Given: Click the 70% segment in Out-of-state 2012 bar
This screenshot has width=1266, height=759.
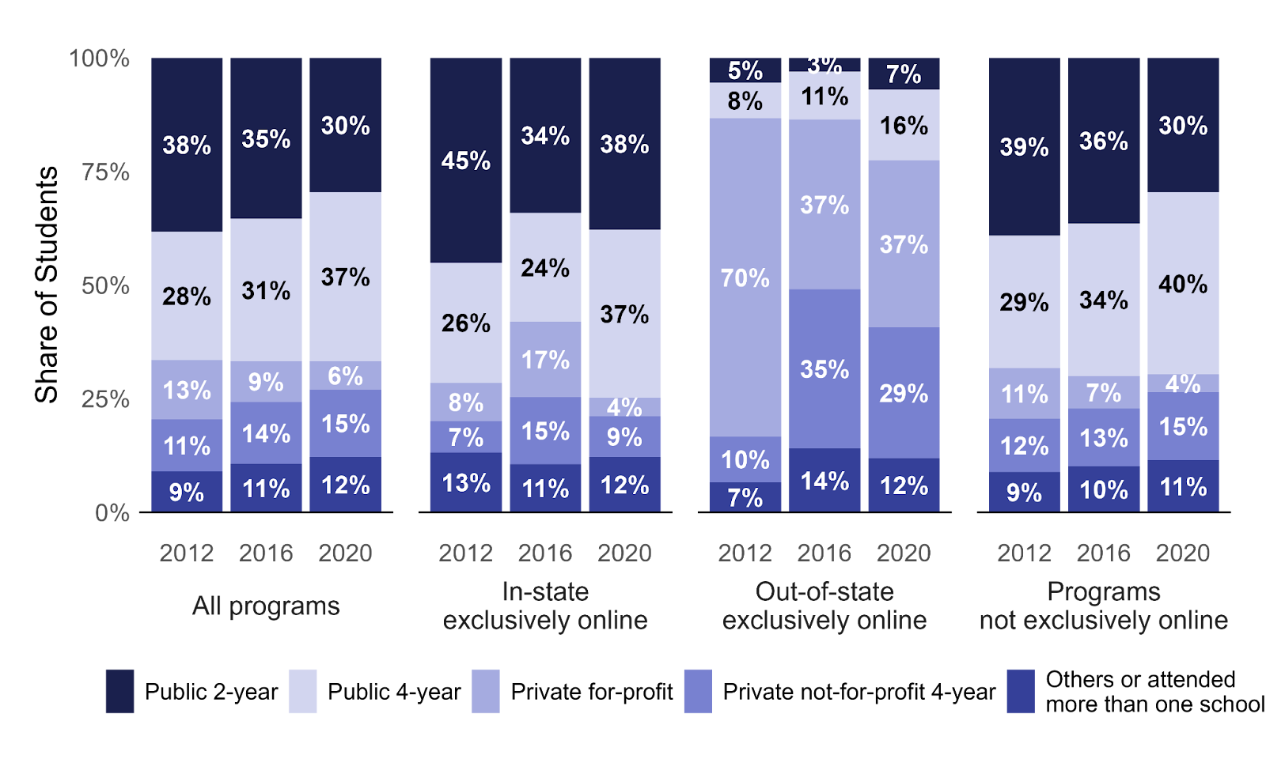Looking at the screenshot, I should click(745, 278).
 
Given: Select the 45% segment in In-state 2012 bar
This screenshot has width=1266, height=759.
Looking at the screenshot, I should click(465, 160).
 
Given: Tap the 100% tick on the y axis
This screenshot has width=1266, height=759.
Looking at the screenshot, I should click(100, 59).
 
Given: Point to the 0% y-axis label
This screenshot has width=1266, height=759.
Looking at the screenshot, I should click(112, 513).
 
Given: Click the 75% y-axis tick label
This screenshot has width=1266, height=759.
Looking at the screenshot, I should click(105, 172).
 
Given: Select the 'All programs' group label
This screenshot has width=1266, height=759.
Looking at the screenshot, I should click(266, 606).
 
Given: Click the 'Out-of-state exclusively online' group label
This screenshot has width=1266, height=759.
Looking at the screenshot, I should click(824, 606).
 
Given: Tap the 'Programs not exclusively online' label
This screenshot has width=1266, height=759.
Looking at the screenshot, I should click(1103, 606).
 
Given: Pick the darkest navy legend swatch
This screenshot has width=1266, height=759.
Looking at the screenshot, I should click(119, 691).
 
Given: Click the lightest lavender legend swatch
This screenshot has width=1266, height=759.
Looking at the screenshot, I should click(302, 691).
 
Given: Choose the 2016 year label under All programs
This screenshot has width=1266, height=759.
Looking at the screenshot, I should click(266, 553).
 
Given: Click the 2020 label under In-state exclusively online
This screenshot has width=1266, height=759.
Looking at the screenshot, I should click(624, 553).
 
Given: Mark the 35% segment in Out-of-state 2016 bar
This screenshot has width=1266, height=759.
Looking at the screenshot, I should click(824, 369).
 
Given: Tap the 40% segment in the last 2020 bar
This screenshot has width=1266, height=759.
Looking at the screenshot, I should click(1183, 284).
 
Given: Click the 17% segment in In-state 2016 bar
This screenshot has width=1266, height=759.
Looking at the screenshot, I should click(545, 360).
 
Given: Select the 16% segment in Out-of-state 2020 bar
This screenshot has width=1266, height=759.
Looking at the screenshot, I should click(904, 125).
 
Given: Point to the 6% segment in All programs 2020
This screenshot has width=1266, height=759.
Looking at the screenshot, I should click(345, 376).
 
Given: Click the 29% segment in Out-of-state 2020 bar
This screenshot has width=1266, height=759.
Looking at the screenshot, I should click(904, 393).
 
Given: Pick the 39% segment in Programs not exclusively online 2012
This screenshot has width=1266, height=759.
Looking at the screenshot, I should click(1024, 147).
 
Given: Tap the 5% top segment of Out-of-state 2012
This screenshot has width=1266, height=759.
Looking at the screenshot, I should click(745, 70).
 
